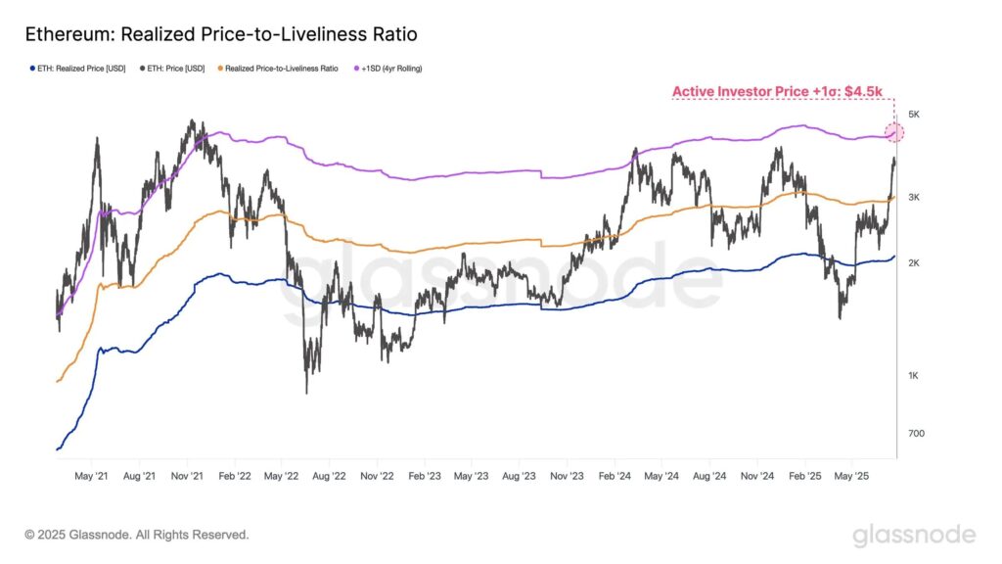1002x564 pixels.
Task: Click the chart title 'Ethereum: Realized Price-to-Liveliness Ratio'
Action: point(221,35)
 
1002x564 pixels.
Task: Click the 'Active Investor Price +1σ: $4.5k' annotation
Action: point(777,92)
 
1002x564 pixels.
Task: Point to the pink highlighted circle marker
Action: point(893,133)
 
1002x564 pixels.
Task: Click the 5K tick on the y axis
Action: point(914,115)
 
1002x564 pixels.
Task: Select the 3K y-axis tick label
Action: point(914,197)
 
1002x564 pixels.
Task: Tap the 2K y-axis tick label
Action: point(914,263)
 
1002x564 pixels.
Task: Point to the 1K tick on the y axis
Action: point(914,376)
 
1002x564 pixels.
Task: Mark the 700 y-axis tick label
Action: point(915,434)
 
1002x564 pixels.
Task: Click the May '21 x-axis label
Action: point(91,476)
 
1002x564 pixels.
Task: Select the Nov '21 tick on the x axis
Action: point(186,476)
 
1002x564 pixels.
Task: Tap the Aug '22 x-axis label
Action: point(328,476)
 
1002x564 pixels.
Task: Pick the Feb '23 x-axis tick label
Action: point(424,476)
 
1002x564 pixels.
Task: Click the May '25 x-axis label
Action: point(851,476)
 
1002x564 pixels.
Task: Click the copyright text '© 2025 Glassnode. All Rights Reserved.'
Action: point(137,535)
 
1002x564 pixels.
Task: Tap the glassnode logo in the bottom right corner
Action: point(913,535)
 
